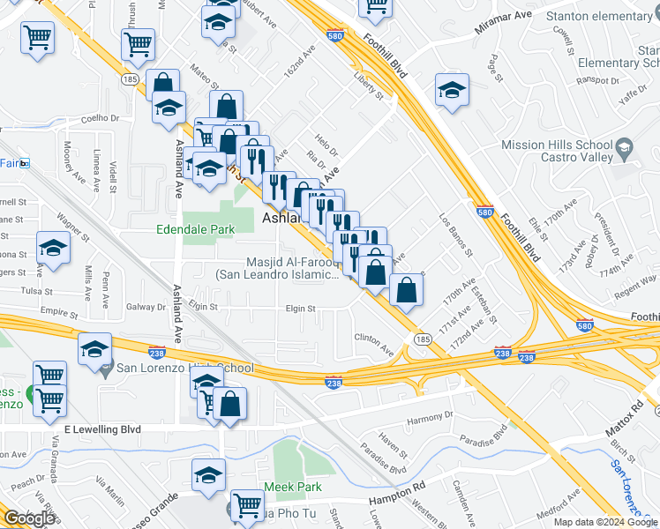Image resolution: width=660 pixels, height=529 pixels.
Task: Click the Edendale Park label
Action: point(195,229)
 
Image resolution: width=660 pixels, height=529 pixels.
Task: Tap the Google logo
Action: point(29,518)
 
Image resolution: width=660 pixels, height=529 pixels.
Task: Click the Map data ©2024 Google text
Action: point(606,522)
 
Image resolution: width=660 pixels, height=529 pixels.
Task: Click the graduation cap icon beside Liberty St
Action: point(452,90)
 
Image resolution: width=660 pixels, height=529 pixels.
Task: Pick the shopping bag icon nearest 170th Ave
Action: point(406,290)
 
